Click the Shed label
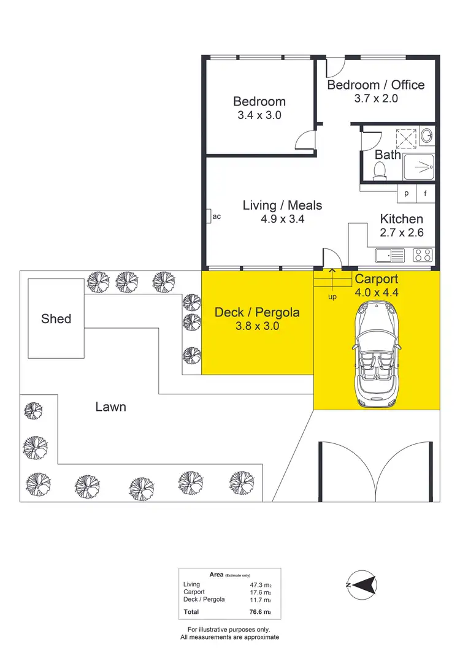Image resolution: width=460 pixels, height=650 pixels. (56, 319)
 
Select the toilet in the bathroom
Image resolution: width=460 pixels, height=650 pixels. (380, 171)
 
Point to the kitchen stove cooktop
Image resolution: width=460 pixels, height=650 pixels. (423, 255)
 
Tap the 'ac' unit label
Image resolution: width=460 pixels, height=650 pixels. (216, 216)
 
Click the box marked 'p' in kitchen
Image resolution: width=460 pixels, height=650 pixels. (406, 193)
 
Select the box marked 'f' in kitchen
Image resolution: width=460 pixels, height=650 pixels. (426, 193)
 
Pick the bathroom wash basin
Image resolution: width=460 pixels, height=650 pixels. (427, 135)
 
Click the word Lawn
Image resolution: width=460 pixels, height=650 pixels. (111, 407)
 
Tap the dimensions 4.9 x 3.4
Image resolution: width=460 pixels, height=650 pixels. (282, 219)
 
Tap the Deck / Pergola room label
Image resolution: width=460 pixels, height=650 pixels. (257, 313)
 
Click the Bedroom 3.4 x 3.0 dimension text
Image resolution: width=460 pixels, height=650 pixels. (259, 115)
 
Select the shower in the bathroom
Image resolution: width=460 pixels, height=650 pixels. (420, 164)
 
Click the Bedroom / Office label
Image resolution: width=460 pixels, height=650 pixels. (375, 85)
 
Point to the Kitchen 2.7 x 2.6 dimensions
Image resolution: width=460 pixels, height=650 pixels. (402, 232)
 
